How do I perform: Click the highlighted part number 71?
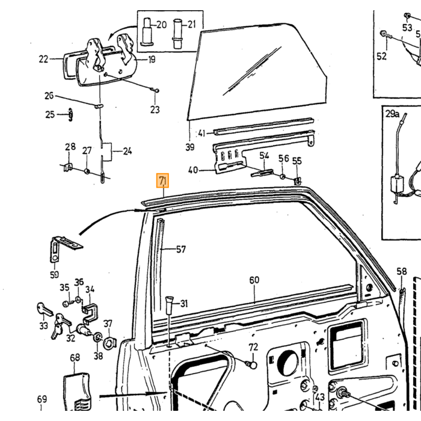[x=163, y=180]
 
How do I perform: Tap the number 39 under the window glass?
[x=190, y=147]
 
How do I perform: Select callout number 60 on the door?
[x=254, y=280]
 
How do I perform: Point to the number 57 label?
[x=181, y=250]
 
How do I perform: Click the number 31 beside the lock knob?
[x=183, y=304]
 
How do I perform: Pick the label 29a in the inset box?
[x=392, y=114]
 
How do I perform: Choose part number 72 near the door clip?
[x=253, y=347]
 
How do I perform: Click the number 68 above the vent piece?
[x=75, y=358]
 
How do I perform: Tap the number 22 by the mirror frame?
[x=43, y=59]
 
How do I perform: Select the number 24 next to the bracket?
[x=128, y=152]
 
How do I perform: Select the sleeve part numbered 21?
[x=177, y=34]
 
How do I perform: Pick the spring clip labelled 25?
[x=70, y=115]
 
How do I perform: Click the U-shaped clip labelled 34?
[x=90, y=313]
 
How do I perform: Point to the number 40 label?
[x=193, y=170]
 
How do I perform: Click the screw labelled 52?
[x=386, y=35]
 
